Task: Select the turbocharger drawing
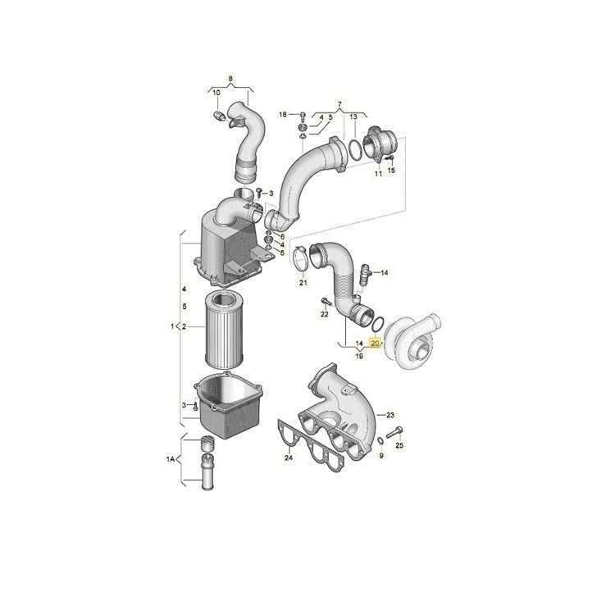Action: pos(417,343)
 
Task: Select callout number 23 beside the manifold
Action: pos(390,415)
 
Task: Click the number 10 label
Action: pos(216,93)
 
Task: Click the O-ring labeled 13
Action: pos(354,149)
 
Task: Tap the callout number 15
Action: pos(391,170)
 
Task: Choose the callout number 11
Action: pos(378,174)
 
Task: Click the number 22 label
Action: pos(325,313)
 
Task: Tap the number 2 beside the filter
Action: pos(184,327)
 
